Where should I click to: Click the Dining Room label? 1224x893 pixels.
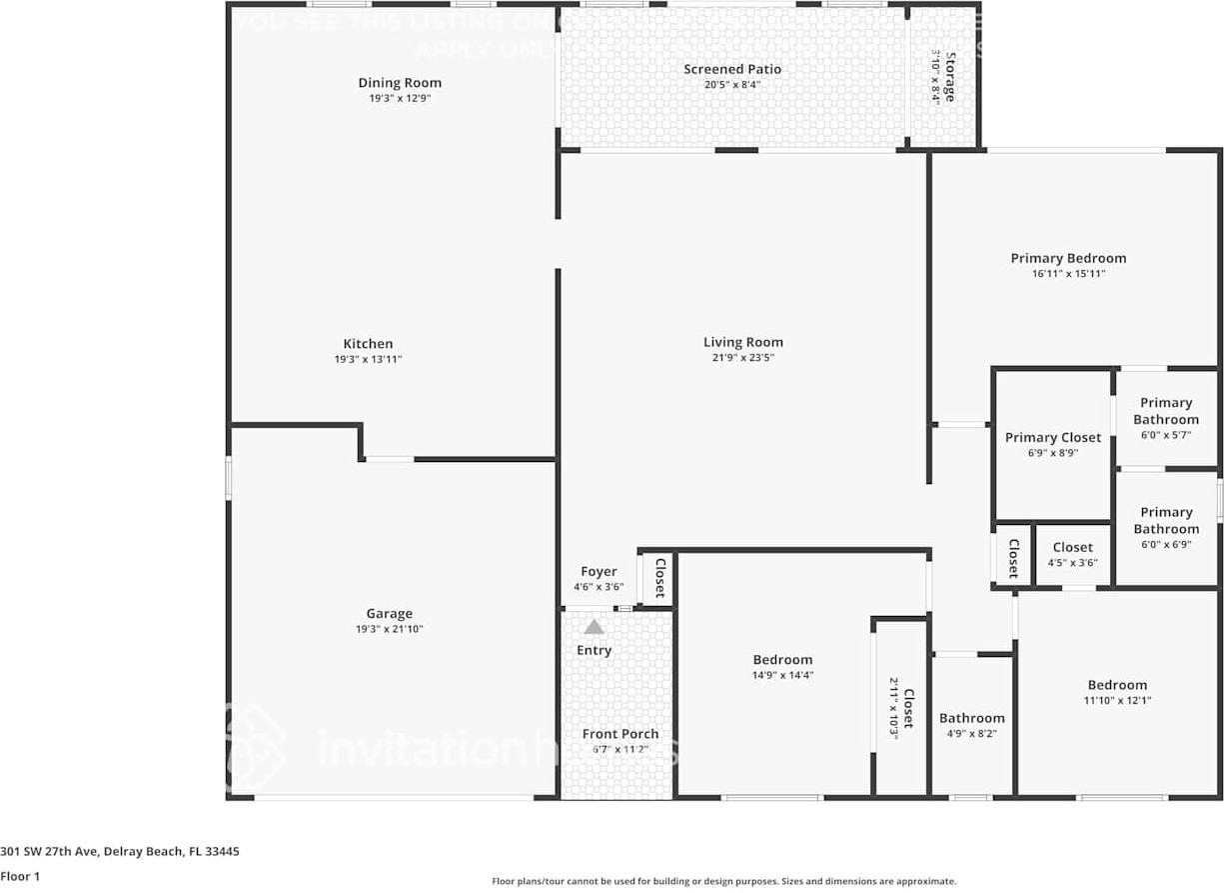[x=400, y=83]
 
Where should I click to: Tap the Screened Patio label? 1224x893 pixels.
[x=732, y=69]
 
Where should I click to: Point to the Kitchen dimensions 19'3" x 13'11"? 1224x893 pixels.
[x=368, y=359]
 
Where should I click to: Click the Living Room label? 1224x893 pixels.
[x=742, y=342]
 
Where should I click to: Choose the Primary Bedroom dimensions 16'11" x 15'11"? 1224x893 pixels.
[x=1068, y=273]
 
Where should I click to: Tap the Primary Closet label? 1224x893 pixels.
[x=1053, y=437]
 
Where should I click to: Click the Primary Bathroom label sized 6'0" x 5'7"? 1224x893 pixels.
[x=1166, y=411]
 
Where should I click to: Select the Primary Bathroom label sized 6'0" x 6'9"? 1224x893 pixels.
[x=1166, y=520]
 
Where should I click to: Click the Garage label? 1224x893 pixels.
[x=389, y=614]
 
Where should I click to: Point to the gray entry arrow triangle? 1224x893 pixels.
[x=595, y=627]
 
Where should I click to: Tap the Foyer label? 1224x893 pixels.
[x=599, y=572]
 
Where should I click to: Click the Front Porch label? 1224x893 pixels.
[x=620, y=734]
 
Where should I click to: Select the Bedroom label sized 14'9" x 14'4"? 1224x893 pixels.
[x=782, y=660]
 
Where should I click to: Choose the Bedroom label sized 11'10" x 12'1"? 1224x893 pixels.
[x=1117, y=685]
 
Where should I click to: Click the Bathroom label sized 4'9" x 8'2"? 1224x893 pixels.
[x=971, y=718]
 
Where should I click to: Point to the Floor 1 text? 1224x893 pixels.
[x=20, y=876]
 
